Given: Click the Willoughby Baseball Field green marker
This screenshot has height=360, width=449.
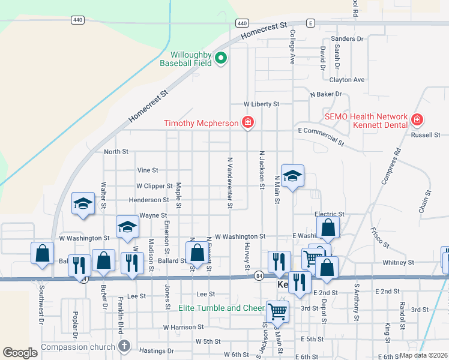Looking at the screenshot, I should (220, 58).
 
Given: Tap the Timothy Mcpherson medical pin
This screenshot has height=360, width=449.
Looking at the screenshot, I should (247, 123).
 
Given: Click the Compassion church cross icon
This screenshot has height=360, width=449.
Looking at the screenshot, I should (124, 346).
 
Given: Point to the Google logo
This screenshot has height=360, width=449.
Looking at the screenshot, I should (20, 353).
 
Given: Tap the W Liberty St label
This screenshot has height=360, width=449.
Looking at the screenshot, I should (261, 104).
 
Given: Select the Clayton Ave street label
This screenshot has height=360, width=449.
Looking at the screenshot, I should (346, 79).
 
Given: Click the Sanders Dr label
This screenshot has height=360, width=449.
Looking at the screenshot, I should (351, 39).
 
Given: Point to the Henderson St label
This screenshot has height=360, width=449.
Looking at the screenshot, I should (149, 200).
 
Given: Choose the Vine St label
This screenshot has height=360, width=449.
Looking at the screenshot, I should (147, 170).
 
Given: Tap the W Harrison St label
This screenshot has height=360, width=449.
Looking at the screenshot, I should (181, 327).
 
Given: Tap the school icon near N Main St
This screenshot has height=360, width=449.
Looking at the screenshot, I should (292, 176).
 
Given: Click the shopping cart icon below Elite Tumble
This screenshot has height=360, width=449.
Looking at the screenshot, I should (277, 311).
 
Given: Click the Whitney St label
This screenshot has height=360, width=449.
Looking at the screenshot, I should (398, 262).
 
